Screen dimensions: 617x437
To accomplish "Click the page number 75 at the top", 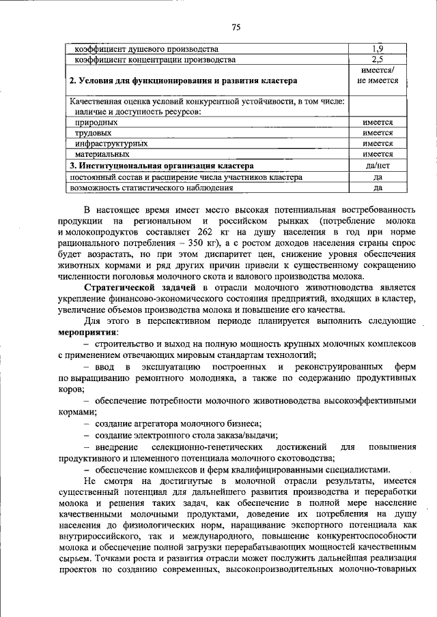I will click(x=236, y=27).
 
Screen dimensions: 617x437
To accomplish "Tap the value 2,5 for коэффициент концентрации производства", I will click(x=377, y=60).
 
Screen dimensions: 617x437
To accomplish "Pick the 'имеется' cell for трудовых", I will click(x=377, y=133).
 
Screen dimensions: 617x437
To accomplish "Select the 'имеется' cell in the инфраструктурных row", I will click(x=377, y=144).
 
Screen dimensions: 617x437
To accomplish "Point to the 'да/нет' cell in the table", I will click(x=377, y=166).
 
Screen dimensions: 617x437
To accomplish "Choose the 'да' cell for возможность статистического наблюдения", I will click(x=377, y=187).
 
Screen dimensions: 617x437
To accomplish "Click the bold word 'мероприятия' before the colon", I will click(x=87, y=331).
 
